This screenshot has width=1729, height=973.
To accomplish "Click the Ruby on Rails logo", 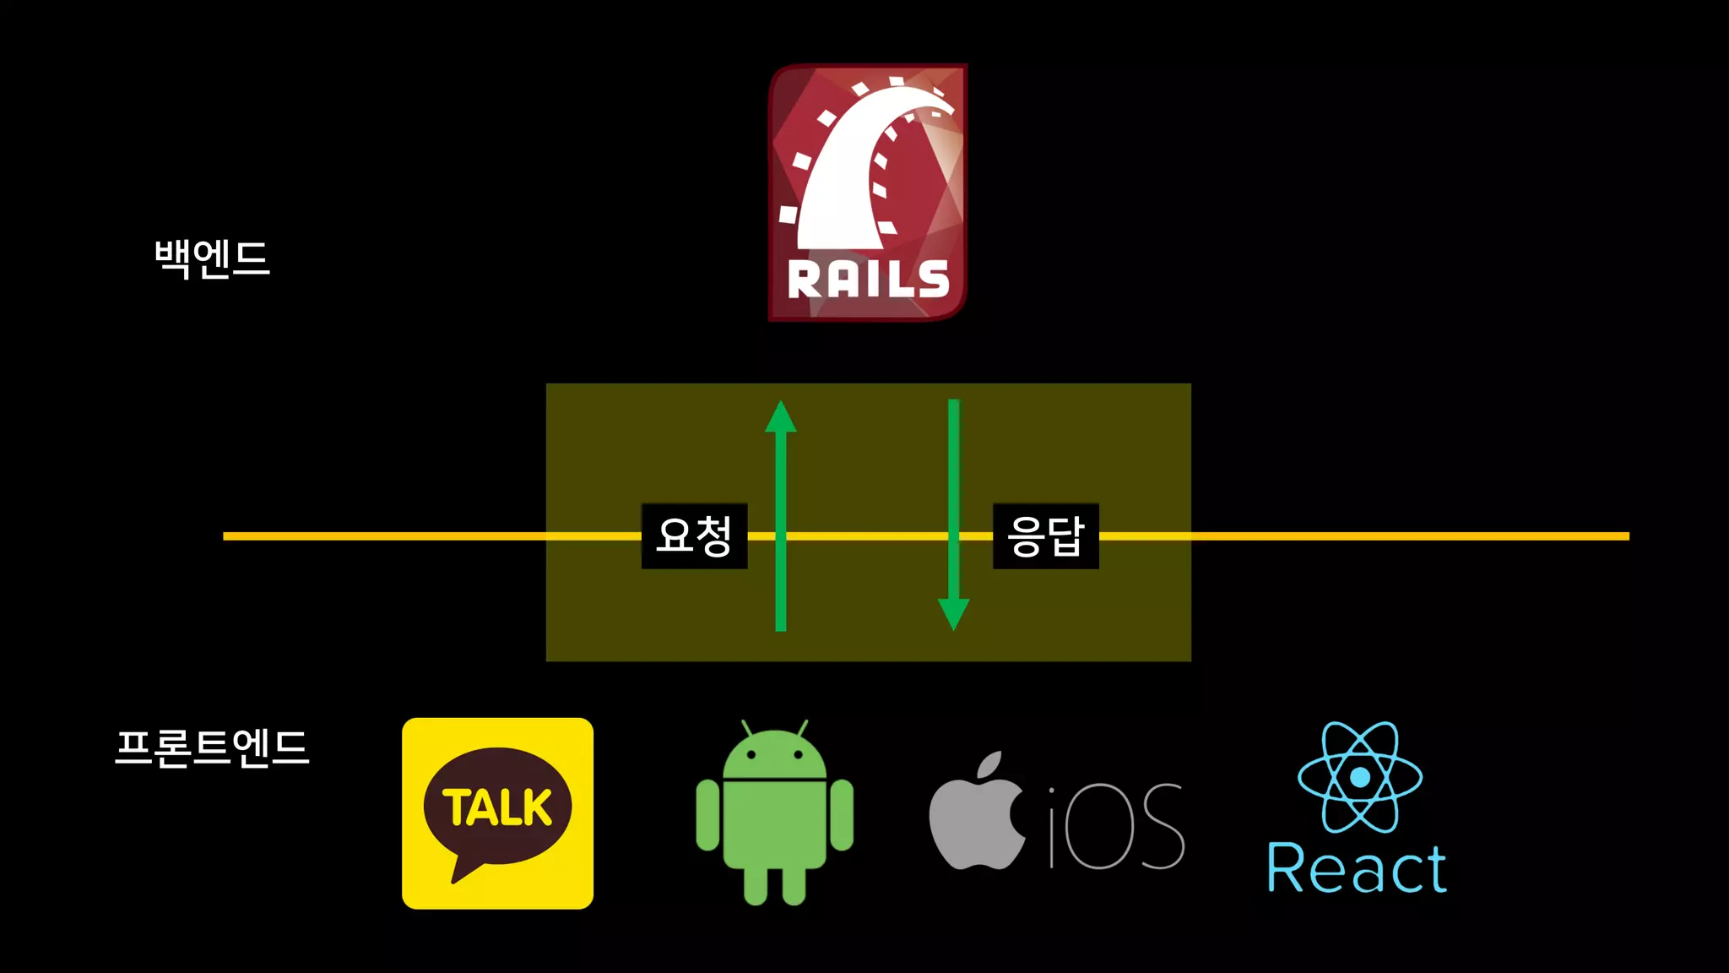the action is pyautogui.click(x=868, y=192).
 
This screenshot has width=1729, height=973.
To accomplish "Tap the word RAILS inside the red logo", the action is pyautogui.click(x=868, y=280).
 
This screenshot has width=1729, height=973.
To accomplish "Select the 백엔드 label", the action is pyautogui.click(x=212, y=258).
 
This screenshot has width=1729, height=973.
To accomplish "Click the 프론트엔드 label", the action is pyautogui.click(x=212, y=747).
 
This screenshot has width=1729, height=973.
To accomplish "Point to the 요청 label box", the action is pyautogui.click(x=694, y=535).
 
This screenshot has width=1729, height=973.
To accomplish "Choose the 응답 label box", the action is pyautogui.click(x=1045, y=535).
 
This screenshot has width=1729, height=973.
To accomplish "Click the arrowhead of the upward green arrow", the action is pyautogui.click(x=781, y=417).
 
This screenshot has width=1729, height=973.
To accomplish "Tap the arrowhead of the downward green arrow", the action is pyautogui.click(x=953, y=613).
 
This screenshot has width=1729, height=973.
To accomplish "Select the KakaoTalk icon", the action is pyautogui.click(x=497, y=813).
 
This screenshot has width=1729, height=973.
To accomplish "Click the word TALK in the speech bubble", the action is pyautogui.click(x=497, y=807).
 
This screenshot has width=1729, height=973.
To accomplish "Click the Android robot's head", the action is pyautogui.click(x=774, y=754).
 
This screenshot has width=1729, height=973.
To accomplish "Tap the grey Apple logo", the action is pyautogui.click(x=977, y=819).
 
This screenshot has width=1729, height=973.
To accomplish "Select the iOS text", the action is pyautogui.click(x=1117, y=826).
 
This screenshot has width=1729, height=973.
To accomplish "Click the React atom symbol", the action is pyautogui.click(x=1359, y=777).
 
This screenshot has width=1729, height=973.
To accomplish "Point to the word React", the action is pyautogui.click(x=1357, y=869).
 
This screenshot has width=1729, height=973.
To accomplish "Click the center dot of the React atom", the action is pyautogui.click(x=1359, y=777).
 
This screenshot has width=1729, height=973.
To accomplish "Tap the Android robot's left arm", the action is pyautogui.click(x=707, y=815).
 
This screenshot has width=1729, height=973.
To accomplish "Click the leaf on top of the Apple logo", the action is pyautogui.click(x=989, y=764).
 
